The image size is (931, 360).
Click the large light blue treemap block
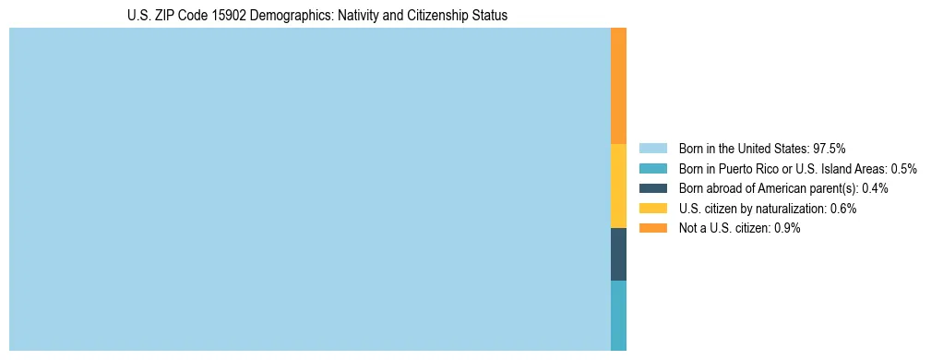pyautogui.click(x=309, y=189)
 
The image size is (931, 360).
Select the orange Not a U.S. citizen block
pyautogui.click(x=618, y=85)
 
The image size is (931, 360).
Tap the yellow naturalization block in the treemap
pyautogui.click(x=618, y=186)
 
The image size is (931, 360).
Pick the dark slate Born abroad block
pyautogui.click(x=618, y=254)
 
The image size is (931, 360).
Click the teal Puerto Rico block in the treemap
pyautogui.click(x=618, y=315)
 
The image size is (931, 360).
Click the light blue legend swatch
pyautogui.click(x=652, y=148)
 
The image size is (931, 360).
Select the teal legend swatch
pyautogui.click(x=652, y=168)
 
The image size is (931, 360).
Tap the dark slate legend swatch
pyautogui.click(x=652, y=188)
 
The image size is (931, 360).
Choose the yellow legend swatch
pyautogui.click(x=652, y=208)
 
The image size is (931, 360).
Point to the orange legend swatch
pyautogui.click(x=652, y=228)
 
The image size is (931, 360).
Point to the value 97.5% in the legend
pyautogui.click(x=830, y=148)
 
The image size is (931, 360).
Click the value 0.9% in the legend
pyautogui.click(x=788, y=228)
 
